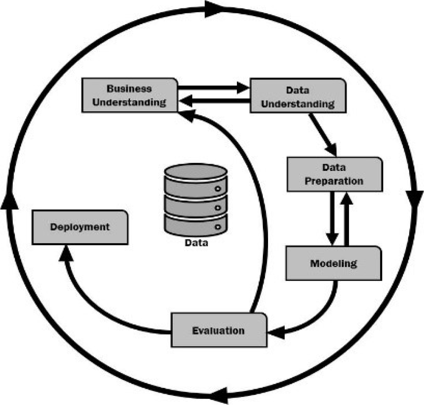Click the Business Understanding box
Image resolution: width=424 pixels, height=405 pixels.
[130, 96]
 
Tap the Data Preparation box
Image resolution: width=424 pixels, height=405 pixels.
[334, 174]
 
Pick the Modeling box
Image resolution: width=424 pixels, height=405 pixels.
[333, 263]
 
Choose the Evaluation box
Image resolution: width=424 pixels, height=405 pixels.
[218, 330]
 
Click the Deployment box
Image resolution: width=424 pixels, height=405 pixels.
[79, 227]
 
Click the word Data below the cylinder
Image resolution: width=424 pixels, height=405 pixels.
[196, 242]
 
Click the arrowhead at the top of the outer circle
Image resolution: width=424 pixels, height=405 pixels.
[215, 7]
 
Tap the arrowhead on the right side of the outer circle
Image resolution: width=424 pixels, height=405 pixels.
[415, 199]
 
